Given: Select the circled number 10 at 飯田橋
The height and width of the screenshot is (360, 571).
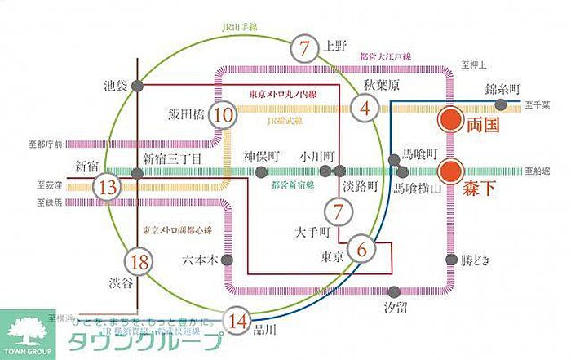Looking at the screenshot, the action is [x=223, y=116].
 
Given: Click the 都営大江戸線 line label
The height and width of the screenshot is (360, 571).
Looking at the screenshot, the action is [x=387, y=56].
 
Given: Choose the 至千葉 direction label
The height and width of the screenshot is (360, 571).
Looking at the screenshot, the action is [x=538, y=104].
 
